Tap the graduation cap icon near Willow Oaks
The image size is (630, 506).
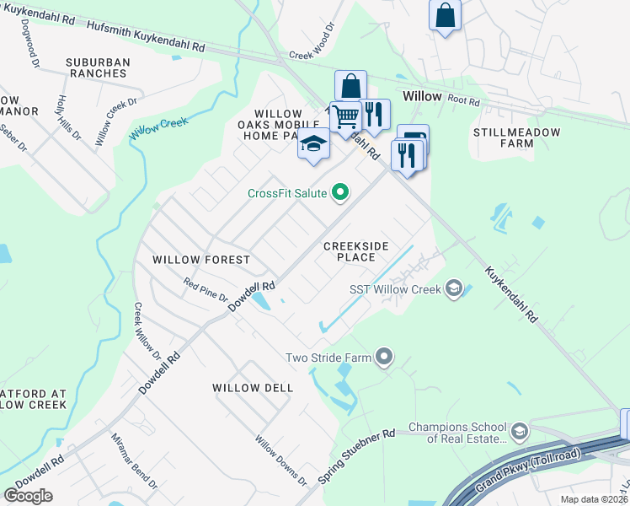(313, 143)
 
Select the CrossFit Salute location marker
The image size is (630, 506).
(341, 194)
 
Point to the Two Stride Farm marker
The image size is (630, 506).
(385, 358)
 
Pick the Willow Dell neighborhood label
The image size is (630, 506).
(253, 388)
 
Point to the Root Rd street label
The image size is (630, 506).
(463, 101)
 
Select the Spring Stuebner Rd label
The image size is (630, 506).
(357, 456)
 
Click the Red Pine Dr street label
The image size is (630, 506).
(206, 292)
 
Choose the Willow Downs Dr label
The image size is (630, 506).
(281, 460)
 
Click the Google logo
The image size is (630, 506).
(28, 496)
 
